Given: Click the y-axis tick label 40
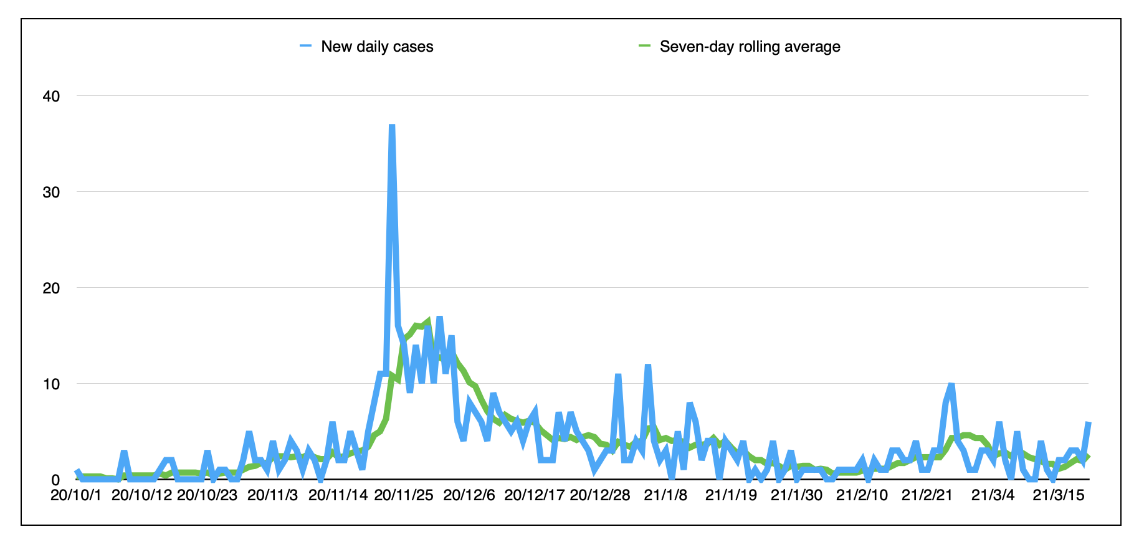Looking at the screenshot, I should point(51,96).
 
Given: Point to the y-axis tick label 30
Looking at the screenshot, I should point(51,192).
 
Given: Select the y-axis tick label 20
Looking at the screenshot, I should point(51,288).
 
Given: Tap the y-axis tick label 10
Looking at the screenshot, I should point(51,384).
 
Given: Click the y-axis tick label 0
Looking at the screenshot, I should point(55,480).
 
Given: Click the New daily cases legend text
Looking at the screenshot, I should point(377,47).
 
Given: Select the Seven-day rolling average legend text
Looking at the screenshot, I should point(750,47).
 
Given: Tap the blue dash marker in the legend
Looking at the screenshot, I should point(305,45).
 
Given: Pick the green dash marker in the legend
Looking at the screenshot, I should point(644,45).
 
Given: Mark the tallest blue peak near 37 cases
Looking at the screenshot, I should point(392,126).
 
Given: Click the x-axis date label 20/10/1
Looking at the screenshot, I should point(75,496).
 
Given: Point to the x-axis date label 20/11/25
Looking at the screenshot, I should point(404,496).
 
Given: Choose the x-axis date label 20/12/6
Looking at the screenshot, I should point(469,496).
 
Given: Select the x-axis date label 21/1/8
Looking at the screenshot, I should point(665,496).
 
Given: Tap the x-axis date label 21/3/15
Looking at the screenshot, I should point(1059,496).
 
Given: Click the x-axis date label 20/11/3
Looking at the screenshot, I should point(273,496).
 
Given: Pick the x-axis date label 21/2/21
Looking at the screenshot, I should point(928,496).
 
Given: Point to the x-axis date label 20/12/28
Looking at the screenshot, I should point(600,496).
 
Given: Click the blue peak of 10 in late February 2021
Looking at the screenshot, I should point(951,384).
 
